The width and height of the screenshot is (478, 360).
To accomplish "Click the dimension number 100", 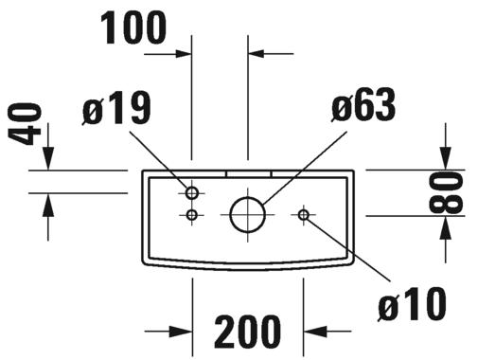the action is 133,27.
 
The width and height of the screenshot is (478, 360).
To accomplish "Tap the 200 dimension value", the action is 247,332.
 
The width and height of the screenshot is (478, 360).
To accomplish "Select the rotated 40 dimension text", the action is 25,124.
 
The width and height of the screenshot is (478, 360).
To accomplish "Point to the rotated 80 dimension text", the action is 446,192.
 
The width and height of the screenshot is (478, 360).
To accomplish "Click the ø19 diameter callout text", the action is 116,108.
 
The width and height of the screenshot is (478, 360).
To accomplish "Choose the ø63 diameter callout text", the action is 363,105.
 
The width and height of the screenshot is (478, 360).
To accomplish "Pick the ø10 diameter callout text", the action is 412,304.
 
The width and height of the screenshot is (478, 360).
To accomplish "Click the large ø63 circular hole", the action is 247,214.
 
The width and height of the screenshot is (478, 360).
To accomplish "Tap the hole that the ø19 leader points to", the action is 192,192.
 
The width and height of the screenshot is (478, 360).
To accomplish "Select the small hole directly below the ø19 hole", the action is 191,215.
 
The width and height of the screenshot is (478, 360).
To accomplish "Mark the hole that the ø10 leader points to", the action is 304,215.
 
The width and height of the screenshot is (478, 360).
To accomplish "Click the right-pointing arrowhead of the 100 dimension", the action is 184,54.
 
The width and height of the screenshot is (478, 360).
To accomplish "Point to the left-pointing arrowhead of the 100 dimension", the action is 256,54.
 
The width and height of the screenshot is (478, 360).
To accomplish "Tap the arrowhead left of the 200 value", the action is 181,332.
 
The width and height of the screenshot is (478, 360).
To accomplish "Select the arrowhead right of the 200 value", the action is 315,332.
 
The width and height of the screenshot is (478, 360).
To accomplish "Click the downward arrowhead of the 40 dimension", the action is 48,158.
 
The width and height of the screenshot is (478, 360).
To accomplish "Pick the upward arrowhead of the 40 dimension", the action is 48,205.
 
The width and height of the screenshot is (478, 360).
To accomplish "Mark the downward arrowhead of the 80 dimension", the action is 446,158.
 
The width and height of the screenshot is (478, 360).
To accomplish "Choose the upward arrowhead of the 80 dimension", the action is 446,228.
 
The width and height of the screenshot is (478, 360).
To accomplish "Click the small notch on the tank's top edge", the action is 249,174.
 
